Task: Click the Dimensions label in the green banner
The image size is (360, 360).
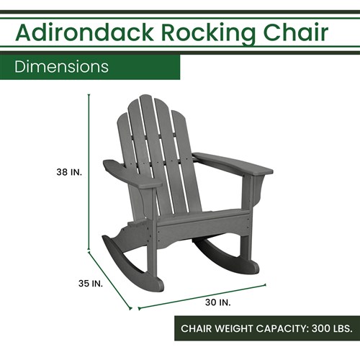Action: point(62,67)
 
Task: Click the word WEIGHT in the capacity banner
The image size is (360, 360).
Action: point(241,329)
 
